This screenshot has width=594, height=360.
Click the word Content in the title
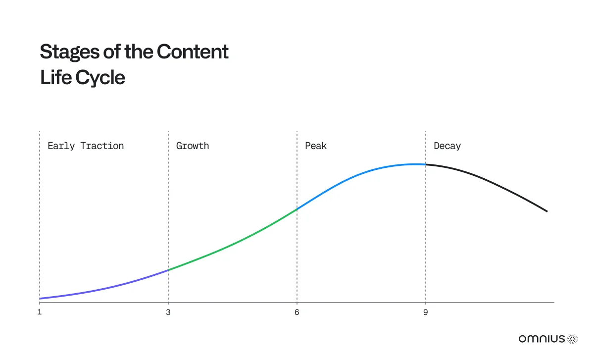[193, 51]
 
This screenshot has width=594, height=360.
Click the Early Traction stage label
[86, 146]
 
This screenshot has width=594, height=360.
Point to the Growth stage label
[193, 146]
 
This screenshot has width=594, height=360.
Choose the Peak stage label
[316, 146]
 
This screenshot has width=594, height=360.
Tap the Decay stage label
[447, 146]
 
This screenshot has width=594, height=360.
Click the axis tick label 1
[40, 312]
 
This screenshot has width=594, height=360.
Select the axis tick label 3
[168, 312]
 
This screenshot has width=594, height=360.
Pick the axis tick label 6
[297, 312]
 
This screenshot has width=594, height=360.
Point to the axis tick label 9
[426, 312]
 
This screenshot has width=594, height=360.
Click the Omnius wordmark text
[542, 339]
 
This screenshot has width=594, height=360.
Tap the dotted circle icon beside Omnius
[573, 339]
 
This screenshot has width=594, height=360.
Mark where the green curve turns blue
[297, 209]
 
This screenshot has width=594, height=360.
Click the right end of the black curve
[547, 211]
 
